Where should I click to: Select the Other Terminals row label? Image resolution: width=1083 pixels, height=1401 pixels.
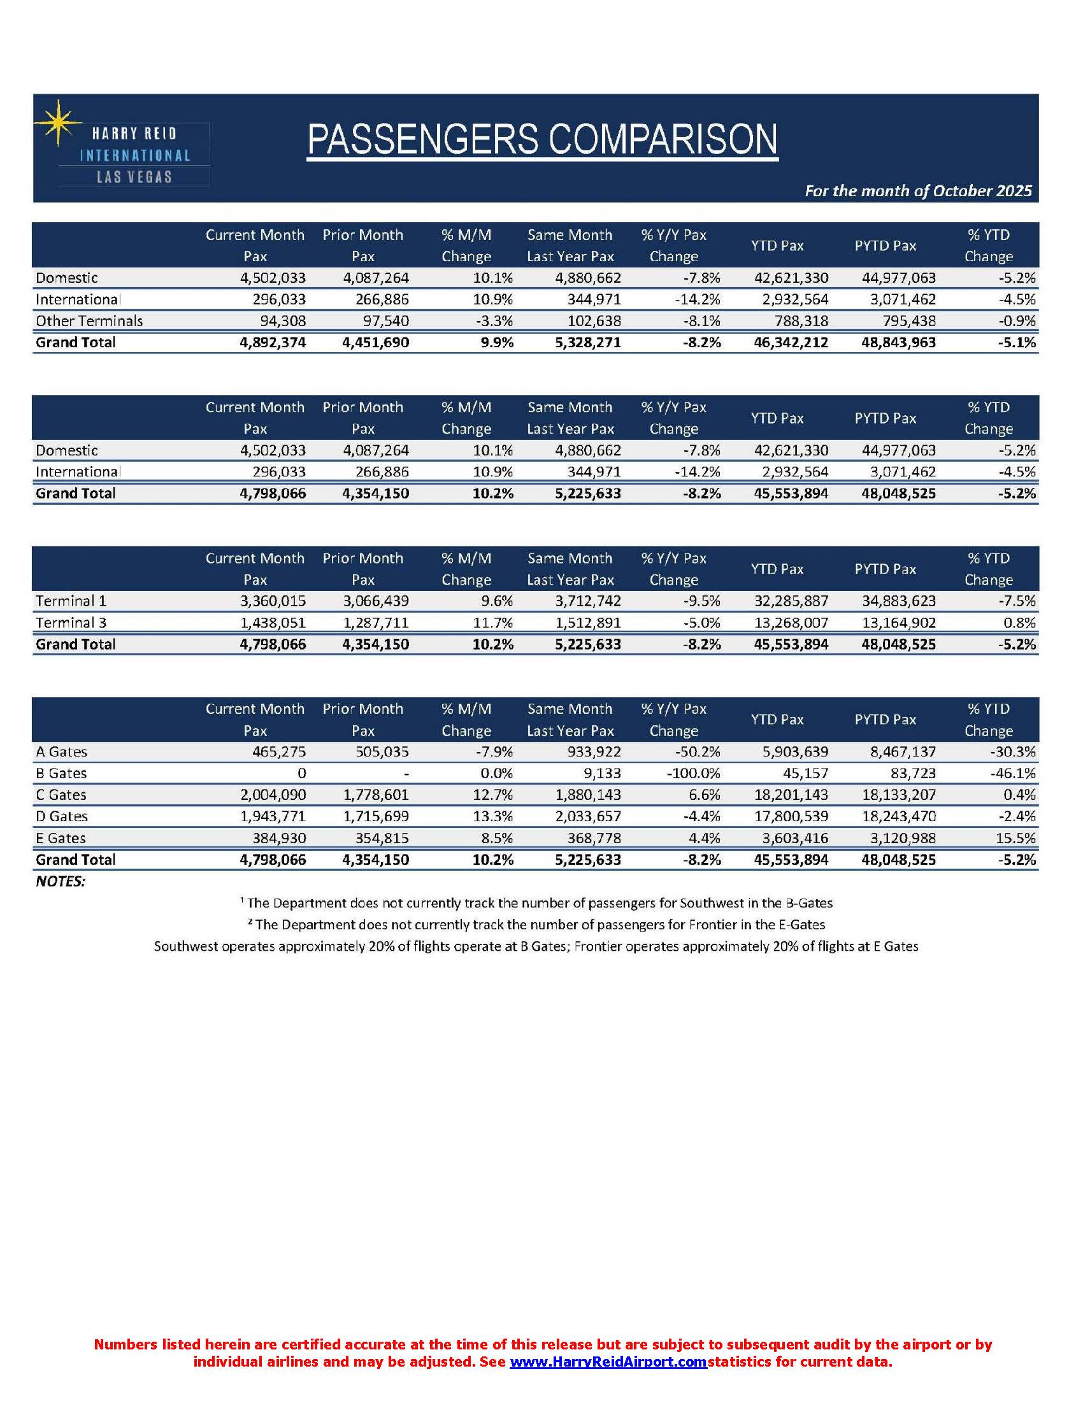coord(89,321)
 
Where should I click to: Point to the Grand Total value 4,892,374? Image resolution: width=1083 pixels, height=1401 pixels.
coord(273,343)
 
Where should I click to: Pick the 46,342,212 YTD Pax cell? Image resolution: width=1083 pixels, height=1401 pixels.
coord(791,343)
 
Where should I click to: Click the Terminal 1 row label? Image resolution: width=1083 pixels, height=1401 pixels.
coord(71,601)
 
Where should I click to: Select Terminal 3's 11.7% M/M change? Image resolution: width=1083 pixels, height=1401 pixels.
coord(492,623)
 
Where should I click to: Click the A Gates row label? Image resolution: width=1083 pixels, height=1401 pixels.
coord(62,752)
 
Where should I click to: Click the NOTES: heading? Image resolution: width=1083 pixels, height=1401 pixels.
coord(61,881)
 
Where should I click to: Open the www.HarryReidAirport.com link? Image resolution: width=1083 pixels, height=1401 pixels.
coord(608,1363)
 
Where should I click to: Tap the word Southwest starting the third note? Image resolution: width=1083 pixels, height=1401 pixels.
coord(185,946)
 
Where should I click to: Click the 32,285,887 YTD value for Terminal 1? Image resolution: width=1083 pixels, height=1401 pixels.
coord(791,601)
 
